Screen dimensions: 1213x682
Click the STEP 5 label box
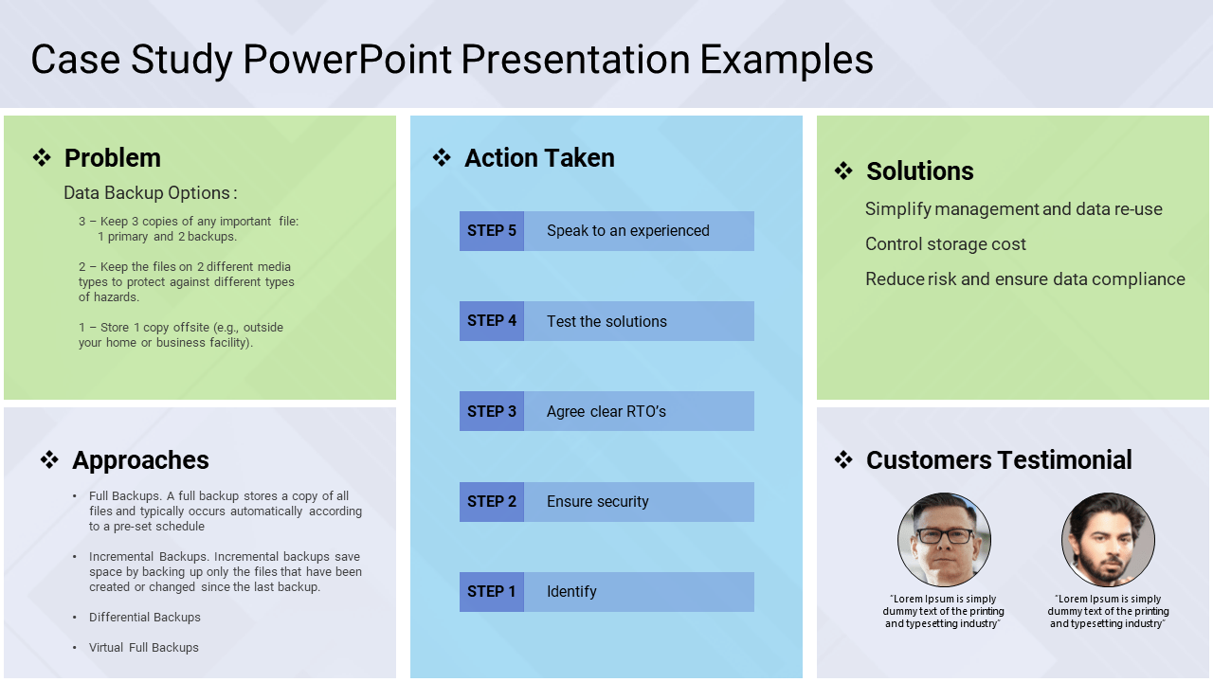(492, 231)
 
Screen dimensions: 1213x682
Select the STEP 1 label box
(492, 592)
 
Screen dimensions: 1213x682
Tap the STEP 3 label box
(492, 411)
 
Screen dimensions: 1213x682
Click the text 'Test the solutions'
(606, 321)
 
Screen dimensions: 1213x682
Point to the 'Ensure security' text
(597, 502)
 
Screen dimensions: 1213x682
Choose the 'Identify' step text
(571, 592)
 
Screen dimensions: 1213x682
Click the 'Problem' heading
(113, 158)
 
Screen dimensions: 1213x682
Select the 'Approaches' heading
(140, 460)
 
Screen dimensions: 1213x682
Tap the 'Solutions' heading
(920, 171)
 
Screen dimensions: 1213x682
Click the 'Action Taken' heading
(539, 158)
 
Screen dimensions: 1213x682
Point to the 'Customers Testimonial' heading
(999, 460)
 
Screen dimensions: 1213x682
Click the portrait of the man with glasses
(945, 540)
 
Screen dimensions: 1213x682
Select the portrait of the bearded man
(1108, 540)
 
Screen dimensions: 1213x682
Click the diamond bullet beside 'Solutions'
(843, 171)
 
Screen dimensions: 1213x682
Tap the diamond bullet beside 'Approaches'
(49, 460)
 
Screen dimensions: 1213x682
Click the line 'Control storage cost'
(946, 244)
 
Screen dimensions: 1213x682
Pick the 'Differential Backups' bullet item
(145, 618)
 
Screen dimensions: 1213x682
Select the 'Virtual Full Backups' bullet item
(143, 648)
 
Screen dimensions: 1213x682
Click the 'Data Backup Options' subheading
(151, 193)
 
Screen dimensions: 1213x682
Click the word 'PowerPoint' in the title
(347, 60)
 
